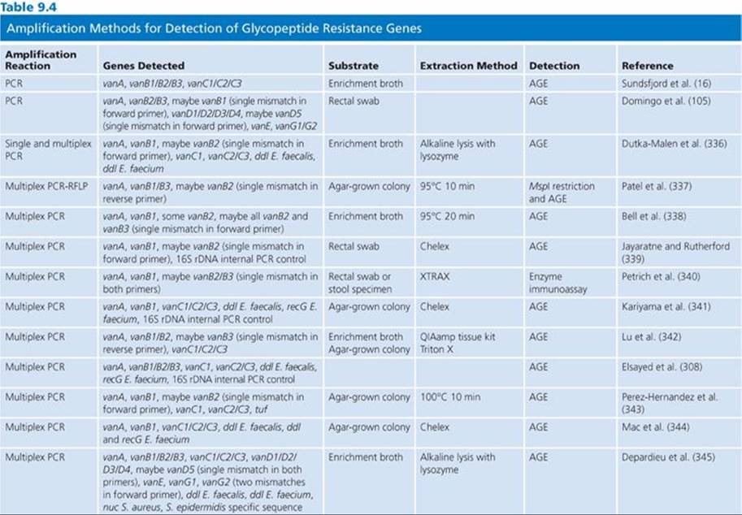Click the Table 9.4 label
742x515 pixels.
(29, 7)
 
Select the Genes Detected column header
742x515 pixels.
(144, 66)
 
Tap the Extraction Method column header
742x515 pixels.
(468, 66)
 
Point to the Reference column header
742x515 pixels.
(648, 66)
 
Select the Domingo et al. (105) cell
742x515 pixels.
(666, 102)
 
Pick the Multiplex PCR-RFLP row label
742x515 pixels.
(46, 186)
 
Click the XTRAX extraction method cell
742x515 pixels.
(435, 277)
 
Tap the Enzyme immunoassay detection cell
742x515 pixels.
(558, 283)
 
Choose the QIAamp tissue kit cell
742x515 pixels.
(458, 337)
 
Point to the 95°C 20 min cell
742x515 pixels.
(447, 217)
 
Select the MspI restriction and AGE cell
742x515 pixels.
(562, 193)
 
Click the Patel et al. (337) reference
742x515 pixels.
(657, 186)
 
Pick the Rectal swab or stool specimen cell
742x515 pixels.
(360, 283)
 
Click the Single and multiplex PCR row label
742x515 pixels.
(48, 149)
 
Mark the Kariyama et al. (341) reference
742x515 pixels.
(666, 307)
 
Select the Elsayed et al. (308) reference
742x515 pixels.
(662, 367)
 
